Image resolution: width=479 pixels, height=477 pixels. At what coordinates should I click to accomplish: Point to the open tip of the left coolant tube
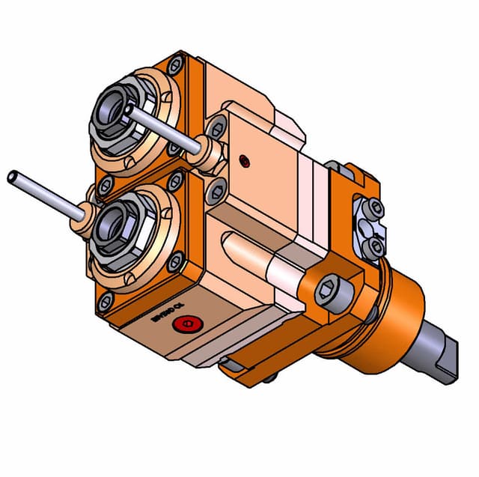pyautogui.click(x=12, y=177)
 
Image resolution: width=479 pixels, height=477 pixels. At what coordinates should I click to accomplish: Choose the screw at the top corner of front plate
pyautogui.click(x=175, y=66)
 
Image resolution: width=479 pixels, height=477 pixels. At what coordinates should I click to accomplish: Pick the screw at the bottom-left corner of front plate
pyautogui.click(x=105, y=302)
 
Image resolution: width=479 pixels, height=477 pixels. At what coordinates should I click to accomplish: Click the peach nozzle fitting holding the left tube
pyautogui.click(x=85, y=222)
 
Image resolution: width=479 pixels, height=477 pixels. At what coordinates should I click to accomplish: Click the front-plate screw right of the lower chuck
pyautogui.click(x=177, y=262)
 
